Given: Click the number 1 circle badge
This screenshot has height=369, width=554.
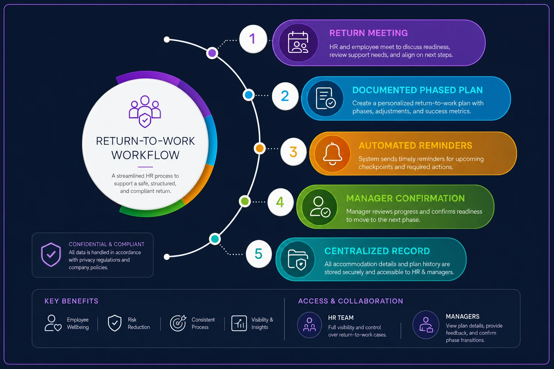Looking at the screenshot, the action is [x=253, y=39].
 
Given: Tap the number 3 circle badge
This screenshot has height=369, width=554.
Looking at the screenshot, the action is [x=293, y=151].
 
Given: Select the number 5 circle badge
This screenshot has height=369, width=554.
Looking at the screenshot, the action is [x=259, y=254].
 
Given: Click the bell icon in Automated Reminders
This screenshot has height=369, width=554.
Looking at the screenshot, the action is [x=333, y=154].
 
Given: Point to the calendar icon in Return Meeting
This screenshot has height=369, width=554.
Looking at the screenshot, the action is [x=298, y=42].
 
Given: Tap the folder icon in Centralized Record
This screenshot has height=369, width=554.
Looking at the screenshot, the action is [x=298, y=260].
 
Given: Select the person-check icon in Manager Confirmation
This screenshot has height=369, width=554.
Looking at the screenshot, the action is [x=320, y=207].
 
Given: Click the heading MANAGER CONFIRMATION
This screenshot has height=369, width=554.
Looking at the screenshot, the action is [x=406, y=198].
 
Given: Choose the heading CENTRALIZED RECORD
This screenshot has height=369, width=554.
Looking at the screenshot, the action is [x=377, y=251].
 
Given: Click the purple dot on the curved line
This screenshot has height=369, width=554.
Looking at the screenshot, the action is [x=212, y=53].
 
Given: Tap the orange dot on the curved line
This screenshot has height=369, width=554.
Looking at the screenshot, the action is [x=259, y=148].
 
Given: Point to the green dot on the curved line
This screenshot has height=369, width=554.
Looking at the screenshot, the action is [x=245, y=201].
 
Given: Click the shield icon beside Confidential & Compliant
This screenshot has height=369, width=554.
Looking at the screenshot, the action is [x=51, y=254].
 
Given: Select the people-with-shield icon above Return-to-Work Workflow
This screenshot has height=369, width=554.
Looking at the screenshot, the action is [x=145, y=111].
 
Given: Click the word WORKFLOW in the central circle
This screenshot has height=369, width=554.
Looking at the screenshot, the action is [x=145, y=155].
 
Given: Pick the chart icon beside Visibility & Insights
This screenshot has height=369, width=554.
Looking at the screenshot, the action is [x=239, y=323].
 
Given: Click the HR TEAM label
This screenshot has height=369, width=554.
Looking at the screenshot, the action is [x=341, y=317].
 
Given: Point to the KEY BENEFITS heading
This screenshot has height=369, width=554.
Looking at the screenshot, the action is [x=71, y=301].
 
